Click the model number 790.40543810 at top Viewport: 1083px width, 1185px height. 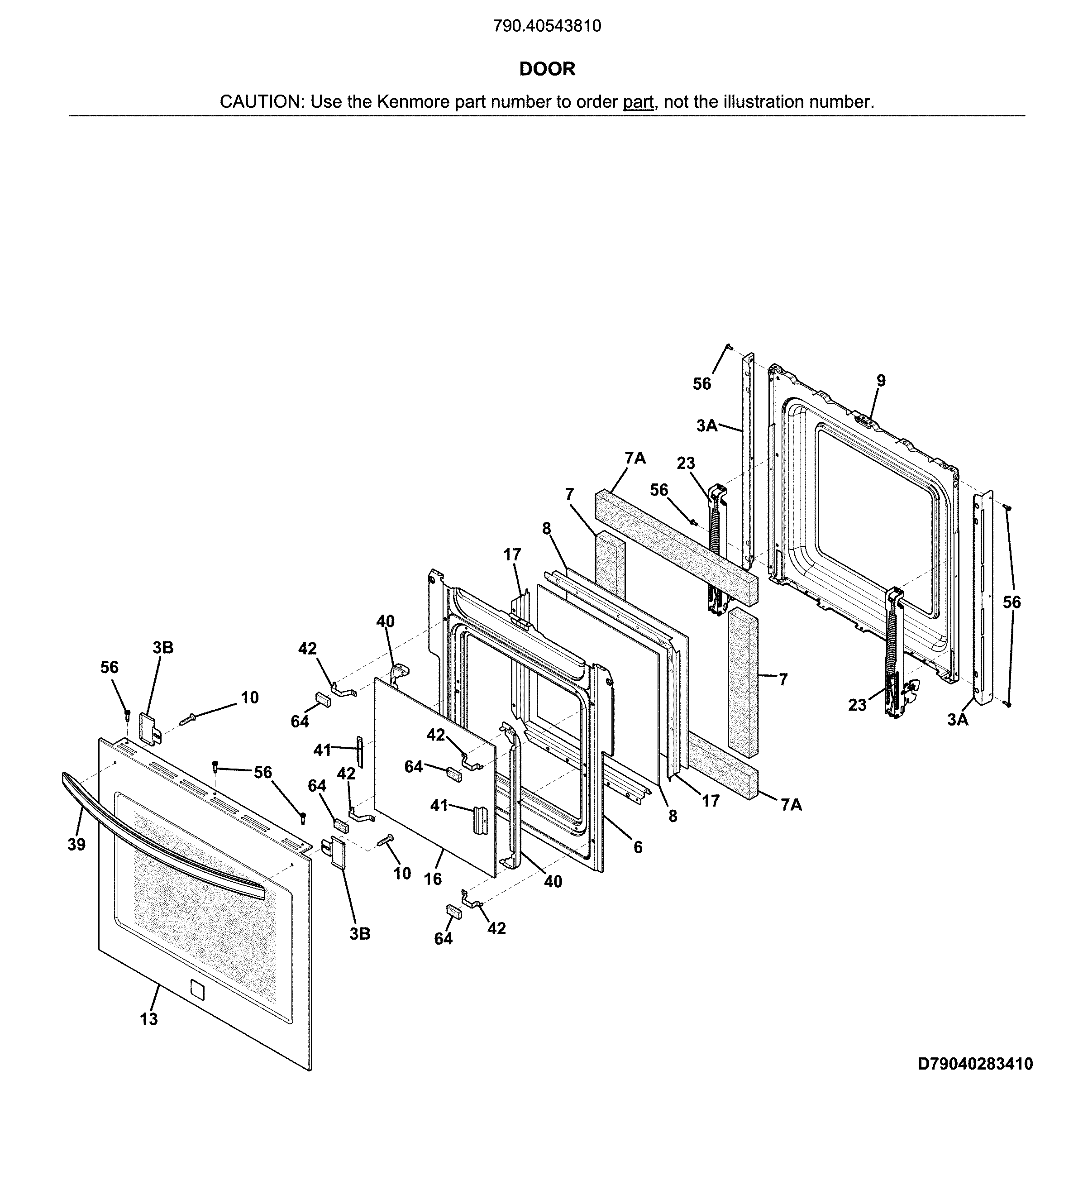pos(547,26)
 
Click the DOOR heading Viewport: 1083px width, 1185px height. pos(547,69)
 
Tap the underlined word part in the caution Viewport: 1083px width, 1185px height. pos(638,102)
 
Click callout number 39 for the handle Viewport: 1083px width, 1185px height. pos(76,845)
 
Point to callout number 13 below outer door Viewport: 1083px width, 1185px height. pos(149,1018)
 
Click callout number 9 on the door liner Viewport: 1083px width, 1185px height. pos(881,381)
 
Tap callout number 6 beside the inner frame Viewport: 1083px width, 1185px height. pos(638,847)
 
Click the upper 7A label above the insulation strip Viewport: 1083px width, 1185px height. pos(635,459)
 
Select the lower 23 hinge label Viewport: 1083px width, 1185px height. pos(857,705)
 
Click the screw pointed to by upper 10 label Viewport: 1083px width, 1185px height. pos(188,718)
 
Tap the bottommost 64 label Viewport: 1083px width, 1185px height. pos(443,939)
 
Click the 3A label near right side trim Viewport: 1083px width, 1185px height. pos(957,719)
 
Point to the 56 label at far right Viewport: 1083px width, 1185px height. pos(1012,602)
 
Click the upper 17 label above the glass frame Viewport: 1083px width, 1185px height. pos(512,554)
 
